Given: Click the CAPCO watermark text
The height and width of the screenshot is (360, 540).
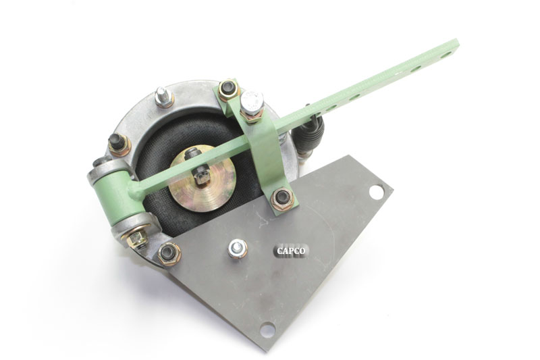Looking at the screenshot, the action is (291, 251).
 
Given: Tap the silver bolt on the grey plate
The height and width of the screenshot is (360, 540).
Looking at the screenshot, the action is (238, 248).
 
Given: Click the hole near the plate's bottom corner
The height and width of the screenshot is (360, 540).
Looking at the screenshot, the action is (267, 330).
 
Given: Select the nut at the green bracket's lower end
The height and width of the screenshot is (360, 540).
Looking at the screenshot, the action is (282, 199).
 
